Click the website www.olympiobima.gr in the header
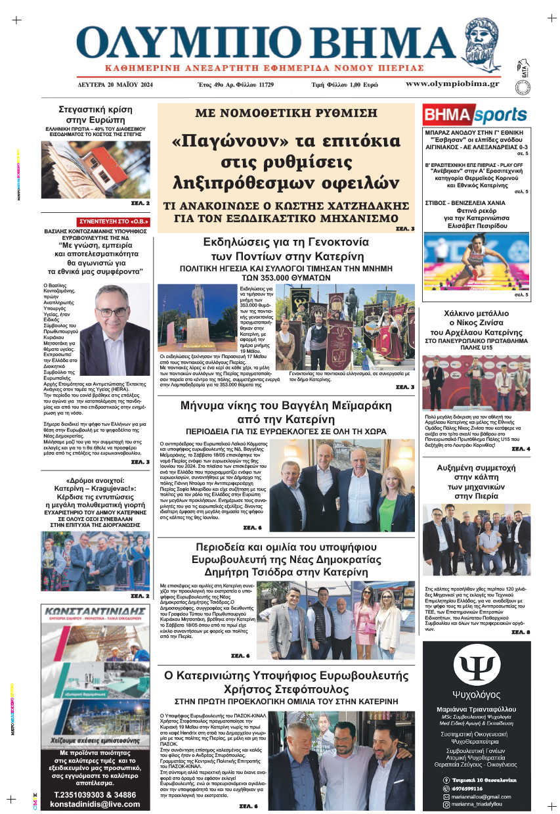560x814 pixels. pyautogui.click(x=452, y=84)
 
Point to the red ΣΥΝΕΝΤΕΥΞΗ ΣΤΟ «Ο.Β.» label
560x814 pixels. pyautogui.click(x=114, y=221)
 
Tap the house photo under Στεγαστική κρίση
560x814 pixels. pyautogui.click(x=96, y=170)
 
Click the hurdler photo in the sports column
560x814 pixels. pyautogui.click(x=476, y=261)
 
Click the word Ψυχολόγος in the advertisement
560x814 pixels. pyautogui.click(x=476, y=695)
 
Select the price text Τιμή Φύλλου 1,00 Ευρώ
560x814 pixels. pyautogui.click(x=345, y=85)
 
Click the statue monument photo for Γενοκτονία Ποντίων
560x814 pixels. pyautogui.click(x=197, y=317)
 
